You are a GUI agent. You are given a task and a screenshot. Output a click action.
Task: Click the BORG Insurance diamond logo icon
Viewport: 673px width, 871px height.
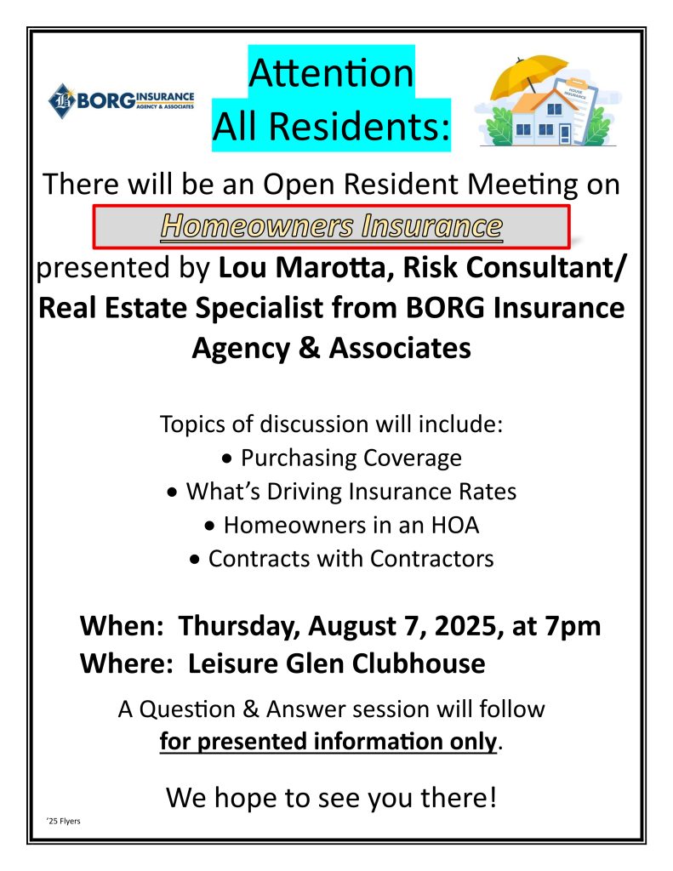[x=62, y=101]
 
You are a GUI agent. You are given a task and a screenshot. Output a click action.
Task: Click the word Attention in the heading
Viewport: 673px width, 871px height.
[x=331, y=73]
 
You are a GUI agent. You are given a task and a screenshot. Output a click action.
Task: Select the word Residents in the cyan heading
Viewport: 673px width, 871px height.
[x=359, y=127]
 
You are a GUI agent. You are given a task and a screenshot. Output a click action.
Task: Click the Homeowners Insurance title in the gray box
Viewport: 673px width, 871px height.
[x=332, y=226]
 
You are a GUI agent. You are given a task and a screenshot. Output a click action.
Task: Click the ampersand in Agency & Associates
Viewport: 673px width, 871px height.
[x=309, y=349]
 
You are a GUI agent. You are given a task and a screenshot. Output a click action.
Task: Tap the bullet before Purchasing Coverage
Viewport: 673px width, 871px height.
[x=226, y=459]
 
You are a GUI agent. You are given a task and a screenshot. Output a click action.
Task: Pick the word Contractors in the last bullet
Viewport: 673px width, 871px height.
[x=432, y=559]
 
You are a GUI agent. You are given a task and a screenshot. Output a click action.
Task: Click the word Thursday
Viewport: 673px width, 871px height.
[x=240, y=627]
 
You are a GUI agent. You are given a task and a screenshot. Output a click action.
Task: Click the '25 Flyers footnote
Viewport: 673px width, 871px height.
[x=64, y=821]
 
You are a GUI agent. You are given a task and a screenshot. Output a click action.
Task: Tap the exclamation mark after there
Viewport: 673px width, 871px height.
[x=491, y=797]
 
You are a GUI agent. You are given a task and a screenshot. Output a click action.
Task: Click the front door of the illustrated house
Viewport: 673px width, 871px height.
[x=565, y=134]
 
